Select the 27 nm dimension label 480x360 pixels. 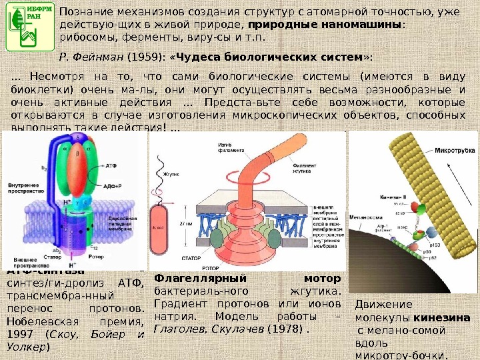tap(185, 224)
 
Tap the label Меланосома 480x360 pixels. tap(372, 217)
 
